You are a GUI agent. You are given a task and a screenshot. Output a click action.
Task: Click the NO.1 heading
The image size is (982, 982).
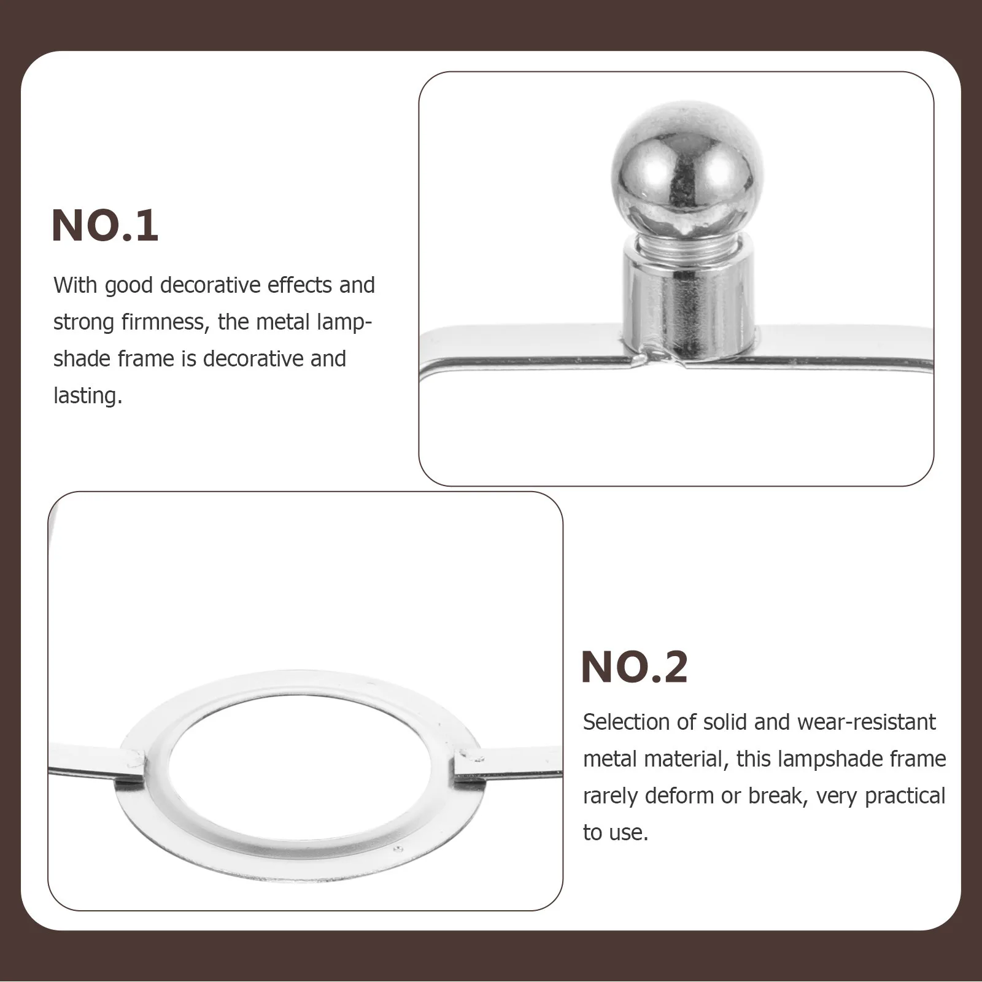coord(105,226)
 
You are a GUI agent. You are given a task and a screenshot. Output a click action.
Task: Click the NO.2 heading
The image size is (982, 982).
coord(634,667)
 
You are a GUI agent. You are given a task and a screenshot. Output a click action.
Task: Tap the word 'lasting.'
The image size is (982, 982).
coord(88,396)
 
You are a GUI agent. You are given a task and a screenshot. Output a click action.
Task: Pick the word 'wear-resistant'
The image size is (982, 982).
coord(866,722)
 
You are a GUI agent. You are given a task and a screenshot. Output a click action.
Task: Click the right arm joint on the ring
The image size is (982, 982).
coord(468,764)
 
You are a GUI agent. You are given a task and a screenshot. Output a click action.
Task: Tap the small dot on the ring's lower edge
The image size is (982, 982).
coord(398,849)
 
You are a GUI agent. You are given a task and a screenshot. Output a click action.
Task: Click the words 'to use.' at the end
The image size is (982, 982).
coord(615,833)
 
